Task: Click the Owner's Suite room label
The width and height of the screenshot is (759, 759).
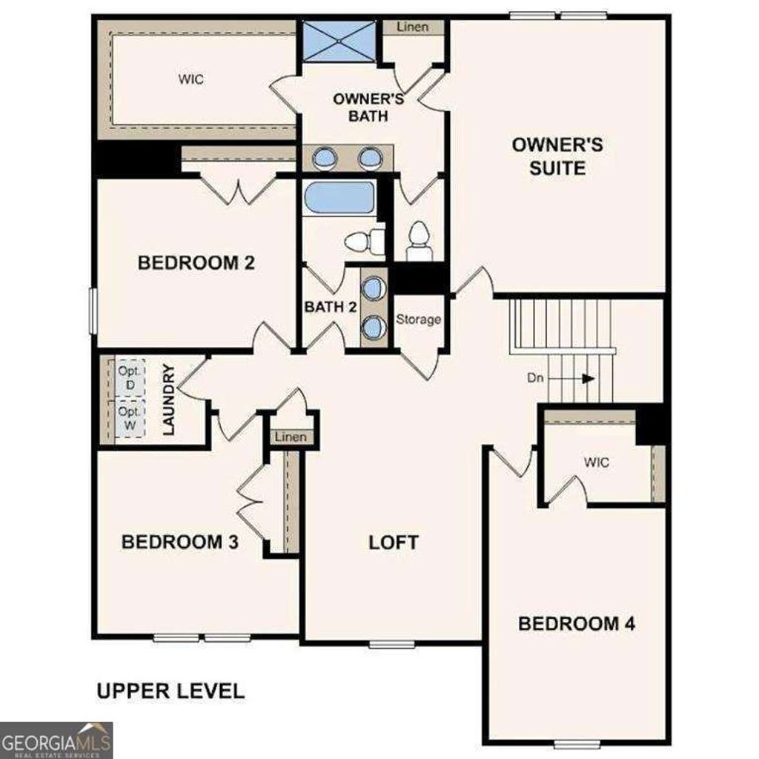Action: (x=557, y=156)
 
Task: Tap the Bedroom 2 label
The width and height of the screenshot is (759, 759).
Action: (x=196, y=263)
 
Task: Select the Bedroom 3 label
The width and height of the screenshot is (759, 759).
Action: (x=179, y=542)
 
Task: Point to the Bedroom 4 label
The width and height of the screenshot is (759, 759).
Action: (x=576, y=623)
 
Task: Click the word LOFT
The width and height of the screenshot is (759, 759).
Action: (x=394, y=542)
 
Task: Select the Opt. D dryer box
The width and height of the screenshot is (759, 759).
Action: (x=129, y=378)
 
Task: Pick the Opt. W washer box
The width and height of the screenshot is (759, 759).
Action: (x=129, y=419)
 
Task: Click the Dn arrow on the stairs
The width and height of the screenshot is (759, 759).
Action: (x=588, y=378)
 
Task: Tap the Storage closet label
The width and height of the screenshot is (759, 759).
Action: (x=418, y=319)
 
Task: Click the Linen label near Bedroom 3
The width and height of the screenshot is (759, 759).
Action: (x=291, y=437)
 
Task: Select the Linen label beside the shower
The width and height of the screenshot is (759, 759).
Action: (x=413, y=27)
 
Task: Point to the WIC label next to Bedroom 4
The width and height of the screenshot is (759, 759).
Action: (x=596, y=463)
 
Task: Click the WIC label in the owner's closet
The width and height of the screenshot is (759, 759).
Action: (x=190, y=79)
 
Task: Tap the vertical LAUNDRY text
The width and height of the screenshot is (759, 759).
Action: (x=168, y=399)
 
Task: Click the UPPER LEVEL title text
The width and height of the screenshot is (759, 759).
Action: (x=170, y=692)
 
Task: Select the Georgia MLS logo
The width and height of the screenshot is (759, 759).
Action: (x=56, y=740)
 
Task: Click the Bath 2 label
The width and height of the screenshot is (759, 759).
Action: (x=331, y=306)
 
